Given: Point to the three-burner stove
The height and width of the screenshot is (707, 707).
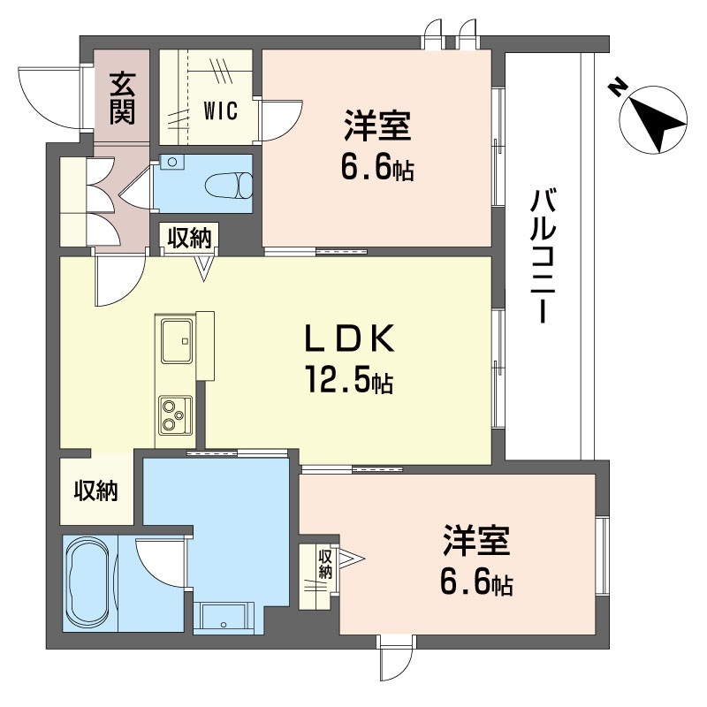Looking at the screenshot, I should [x=173, y=414].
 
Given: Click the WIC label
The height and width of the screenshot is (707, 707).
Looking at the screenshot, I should [x=220, y=110].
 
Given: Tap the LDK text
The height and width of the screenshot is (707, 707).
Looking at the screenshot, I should [x=346, y=338].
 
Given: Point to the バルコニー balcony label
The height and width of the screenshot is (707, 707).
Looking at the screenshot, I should [x=542, y=256].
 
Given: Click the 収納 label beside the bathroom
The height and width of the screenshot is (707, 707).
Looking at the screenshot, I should [x=95, y=491].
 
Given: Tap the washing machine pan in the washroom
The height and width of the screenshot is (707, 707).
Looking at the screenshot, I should [x=224, y=616].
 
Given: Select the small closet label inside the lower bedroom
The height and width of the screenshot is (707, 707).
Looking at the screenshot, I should [x=324, y=564].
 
